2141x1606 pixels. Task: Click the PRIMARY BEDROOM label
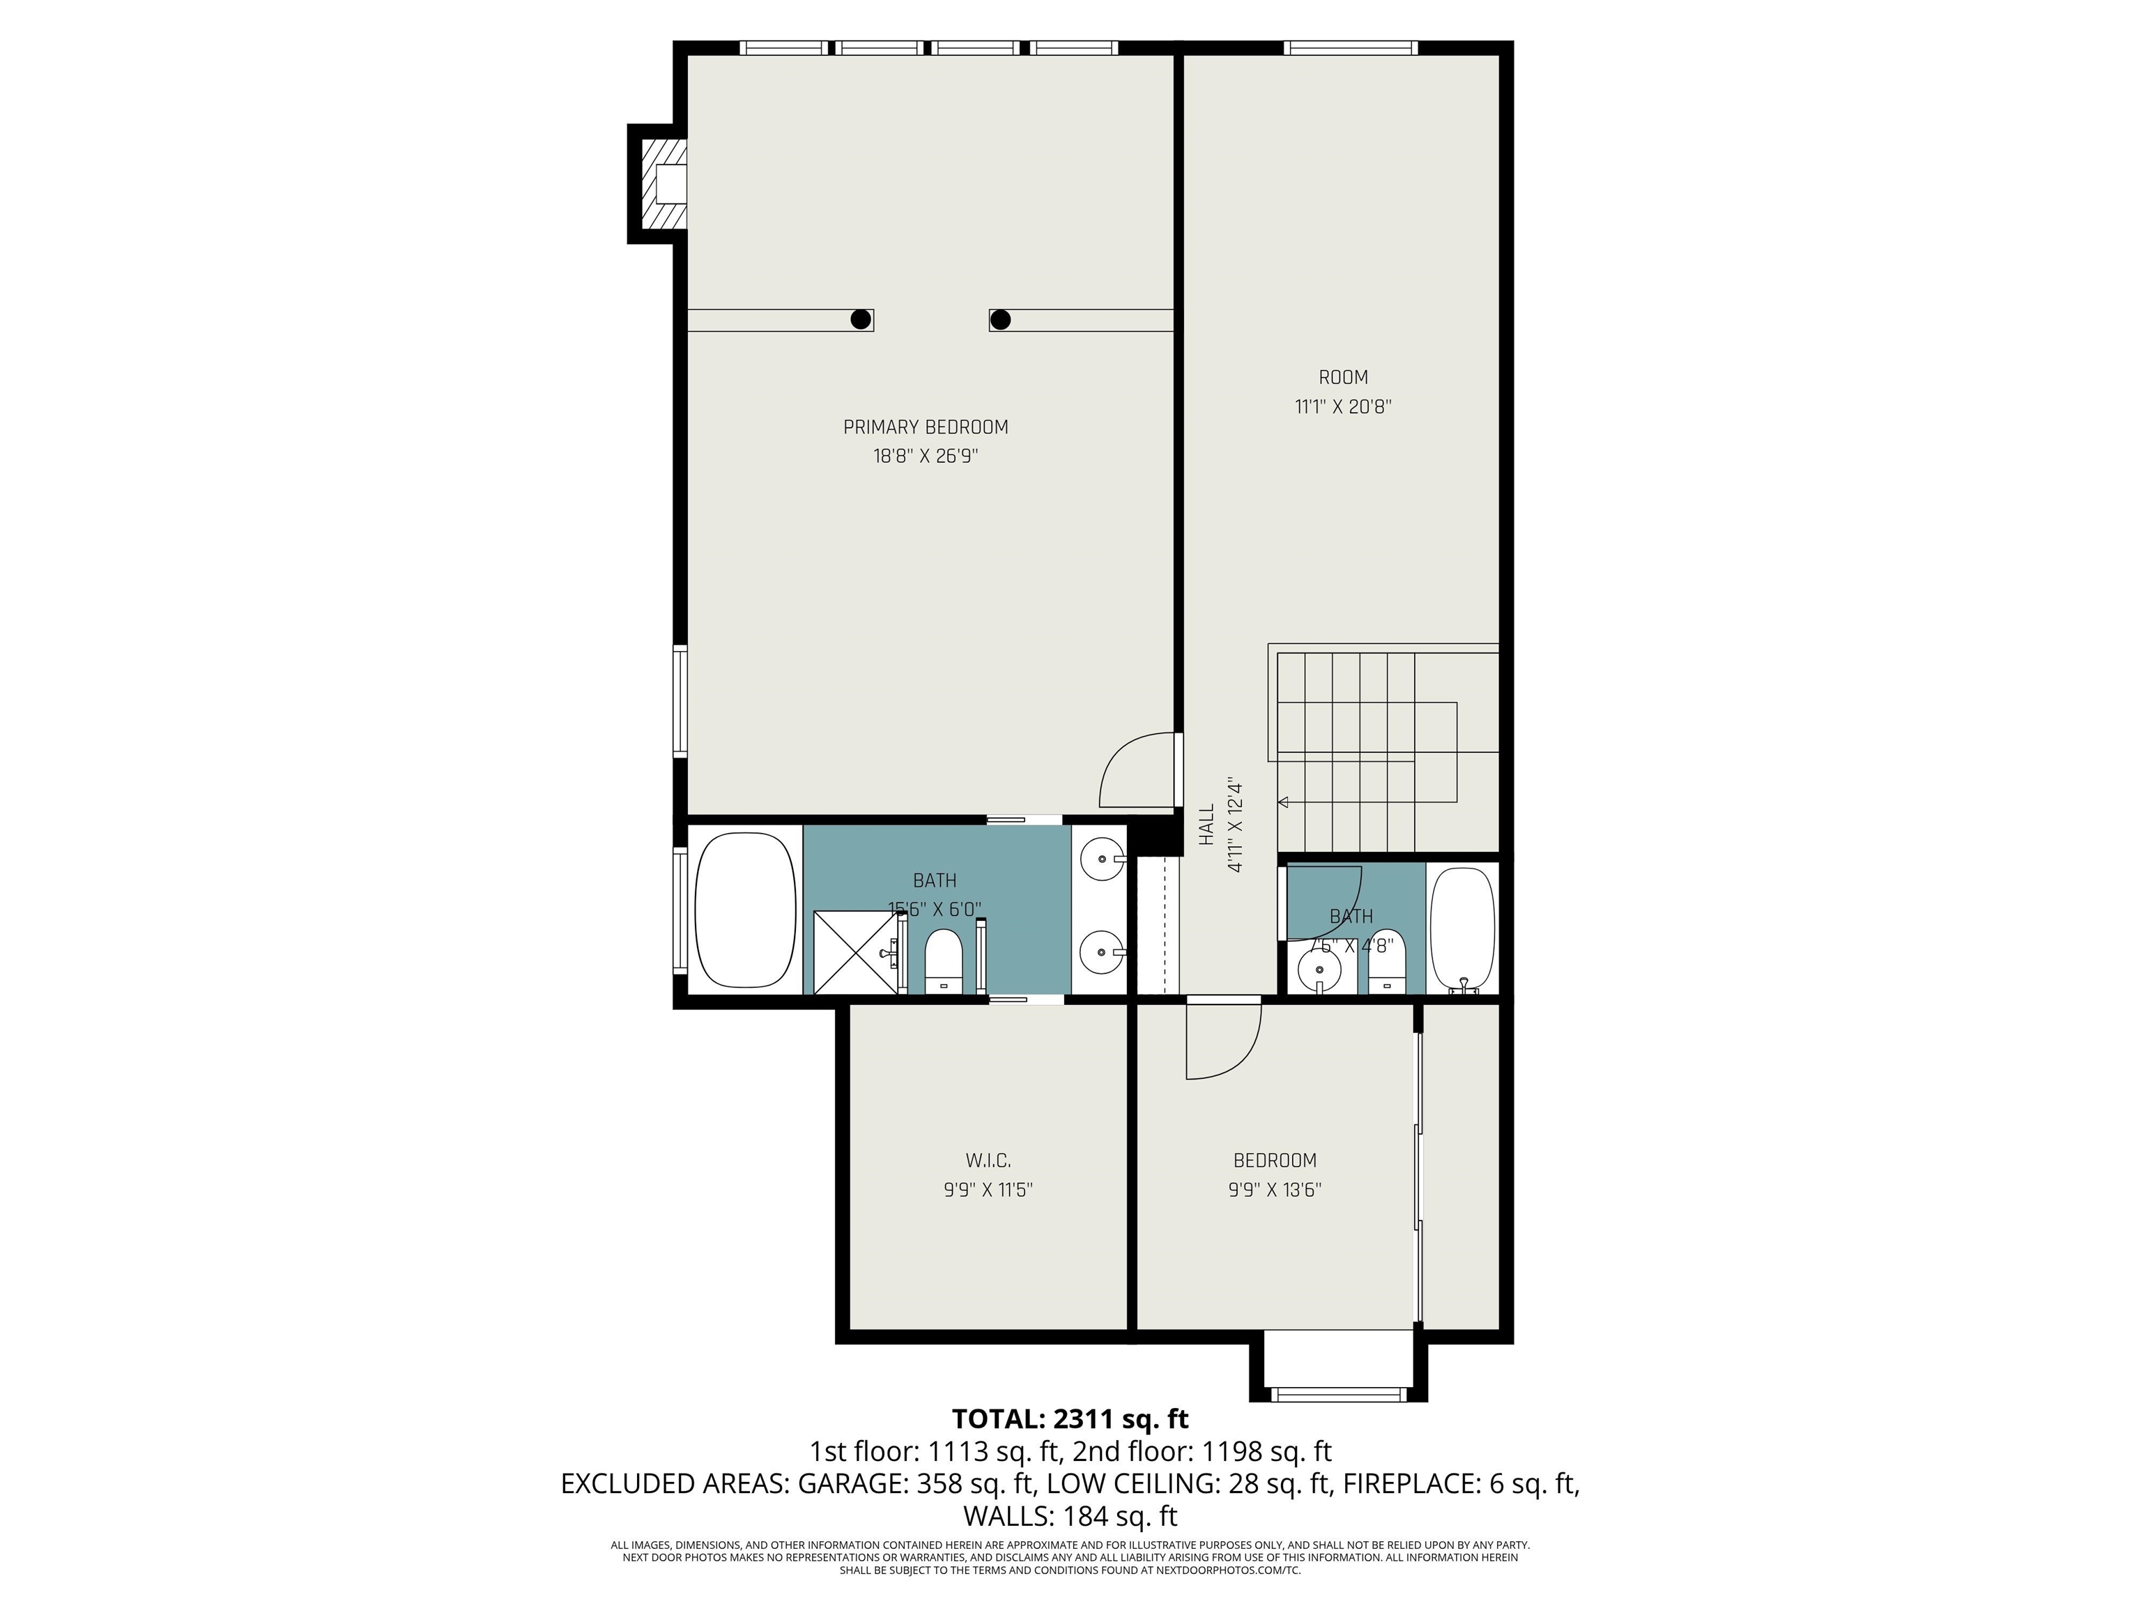click(x=926, y=427)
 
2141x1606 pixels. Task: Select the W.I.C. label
click(x=988, y=1161)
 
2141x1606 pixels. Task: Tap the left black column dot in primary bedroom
click(x=859, y=319)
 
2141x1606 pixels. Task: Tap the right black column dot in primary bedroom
click(x=1001, y=319)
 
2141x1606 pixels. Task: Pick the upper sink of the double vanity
click(x=1101, y=857)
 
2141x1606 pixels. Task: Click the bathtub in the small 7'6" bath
click(x=1462, y=927)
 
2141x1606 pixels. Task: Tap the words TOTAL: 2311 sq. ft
click(x=1070, y=1419)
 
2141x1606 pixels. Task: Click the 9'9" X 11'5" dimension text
click(x=988, y=1190)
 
